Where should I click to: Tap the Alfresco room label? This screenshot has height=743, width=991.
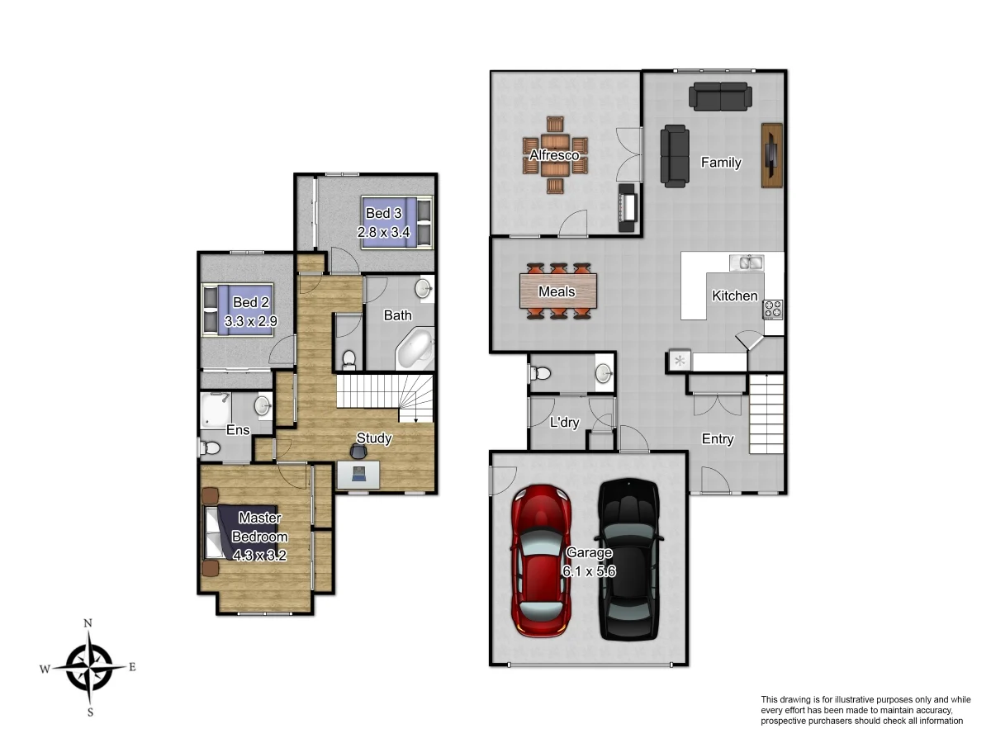(554, 155)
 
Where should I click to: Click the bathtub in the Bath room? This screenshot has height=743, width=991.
(415, 348)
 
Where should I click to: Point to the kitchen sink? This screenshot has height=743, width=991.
(747, 263)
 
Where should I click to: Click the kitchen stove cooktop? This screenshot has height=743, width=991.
(773, 310)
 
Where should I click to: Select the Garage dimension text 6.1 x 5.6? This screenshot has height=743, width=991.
(590, 570)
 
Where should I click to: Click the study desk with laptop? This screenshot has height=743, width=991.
(359, 473)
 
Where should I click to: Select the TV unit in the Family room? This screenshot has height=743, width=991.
(771, 155)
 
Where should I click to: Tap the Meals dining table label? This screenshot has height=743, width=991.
(557, 292)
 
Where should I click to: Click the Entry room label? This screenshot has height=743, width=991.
(717, 439)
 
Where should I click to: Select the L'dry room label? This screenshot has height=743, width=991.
(564, 423)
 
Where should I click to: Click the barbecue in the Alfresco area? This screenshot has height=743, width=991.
(628, 209)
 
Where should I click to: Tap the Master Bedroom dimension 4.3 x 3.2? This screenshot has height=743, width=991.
(259, 556)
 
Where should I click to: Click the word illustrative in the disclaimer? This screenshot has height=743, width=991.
(842, 699)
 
